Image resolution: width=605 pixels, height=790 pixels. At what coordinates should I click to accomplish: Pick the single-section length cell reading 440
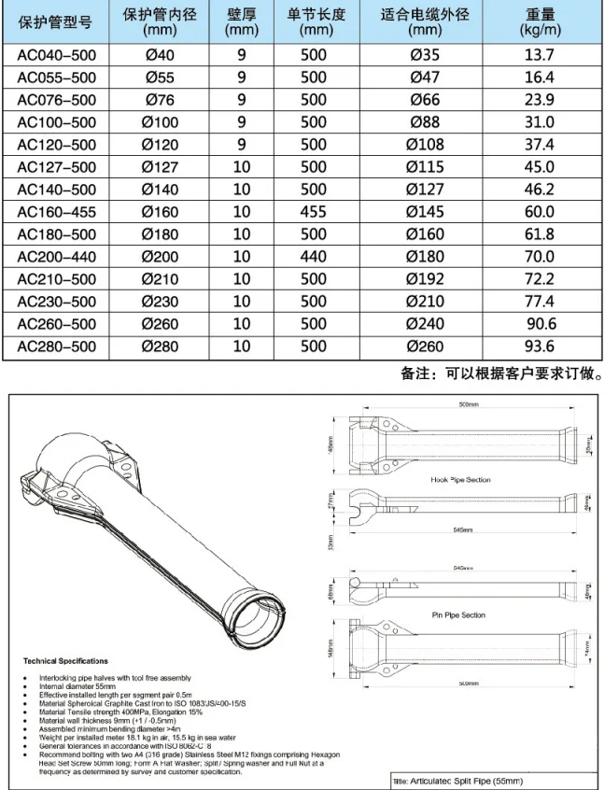[x=314, y=256]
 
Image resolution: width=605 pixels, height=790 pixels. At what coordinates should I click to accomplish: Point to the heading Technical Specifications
[x=65, y=660]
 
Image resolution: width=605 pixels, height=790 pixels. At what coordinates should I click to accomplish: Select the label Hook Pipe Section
[x=460, y=479]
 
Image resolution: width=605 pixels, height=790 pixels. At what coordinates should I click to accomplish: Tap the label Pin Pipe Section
[x=459, y=615]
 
